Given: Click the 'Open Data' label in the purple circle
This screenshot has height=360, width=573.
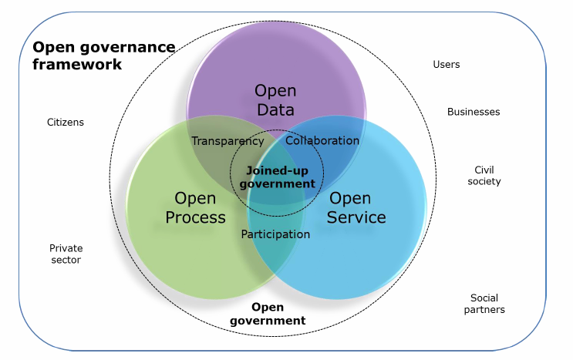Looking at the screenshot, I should (x=275, y=100).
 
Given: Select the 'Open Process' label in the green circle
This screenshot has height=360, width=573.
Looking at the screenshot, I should (x=195, y=208).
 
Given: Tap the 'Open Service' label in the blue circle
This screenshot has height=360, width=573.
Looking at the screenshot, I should (x=356, y=208).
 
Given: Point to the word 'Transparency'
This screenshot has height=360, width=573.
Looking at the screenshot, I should (x=228, y=141).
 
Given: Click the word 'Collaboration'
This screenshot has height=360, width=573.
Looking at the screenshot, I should (x=322, y=141).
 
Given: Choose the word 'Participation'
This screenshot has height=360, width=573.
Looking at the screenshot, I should (x=275, y=234).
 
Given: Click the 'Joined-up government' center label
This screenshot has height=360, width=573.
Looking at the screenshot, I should (x=278, y=177).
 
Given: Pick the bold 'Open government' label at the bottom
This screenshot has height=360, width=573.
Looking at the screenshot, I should (x=268, y=314).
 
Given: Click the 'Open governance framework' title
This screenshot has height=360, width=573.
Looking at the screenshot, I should (x=103, y=56).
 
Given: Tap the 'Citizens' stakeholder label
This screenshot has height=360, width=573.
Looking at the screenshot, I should (x=66, y=123).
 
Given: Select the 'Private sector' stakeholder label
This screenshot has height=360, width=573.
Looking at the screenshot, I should (x=66, y=254).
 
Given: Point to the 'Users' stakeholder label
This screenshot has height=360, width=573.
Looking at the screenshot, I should (x=447, y=65).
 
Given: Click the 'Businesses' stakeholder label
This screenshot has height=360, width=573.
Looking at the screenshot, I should (x=474, y=112).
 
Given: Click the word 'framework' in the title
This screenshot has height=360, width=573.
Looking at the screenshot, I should (x=77, y=65).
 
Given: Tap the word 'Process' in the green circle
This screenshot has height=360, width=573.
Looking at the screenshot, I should (x=195, y=217).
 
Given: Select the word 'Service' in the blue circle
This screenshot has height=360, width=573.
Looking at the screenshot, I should (x=356, y=217).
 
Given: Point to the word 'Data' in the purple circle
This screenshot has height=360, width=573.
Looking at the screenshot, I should (x=275, y=109).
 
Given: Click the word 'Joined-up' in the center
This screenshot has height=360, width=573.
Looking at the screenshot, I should (x=276, y=171).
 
